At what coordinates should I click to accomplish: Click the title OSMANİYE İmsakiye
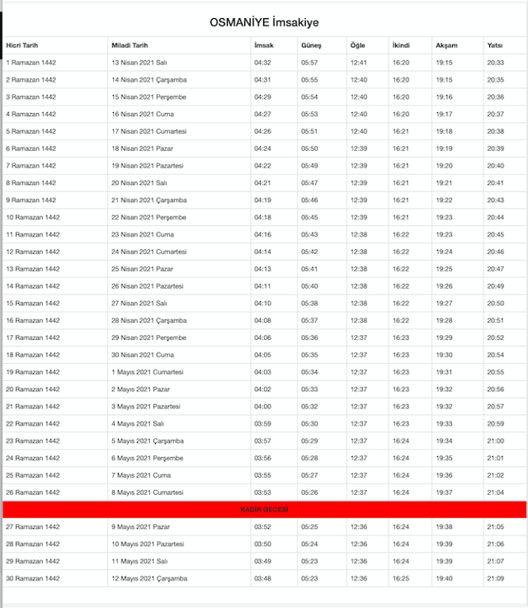click(264, 22)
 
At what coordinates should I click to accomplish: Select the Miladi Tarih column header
click(130, 45)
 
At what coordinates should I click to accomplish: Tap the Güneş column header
click(311, 45)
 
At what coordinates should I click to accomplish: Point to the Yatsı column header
click(495, 45)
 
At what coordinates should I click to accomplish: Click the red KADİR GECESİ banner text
click(264, 510)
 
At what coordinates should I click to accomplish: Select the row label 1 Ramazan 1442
click(31, 63)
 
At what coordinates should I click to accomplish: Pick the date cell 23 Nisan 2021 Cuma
click(143, 234)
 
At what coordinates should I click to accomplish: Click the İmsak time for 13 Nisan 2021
click(262, 63)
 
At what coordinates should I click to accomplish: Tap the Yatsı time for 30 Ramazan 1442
click(495, 578)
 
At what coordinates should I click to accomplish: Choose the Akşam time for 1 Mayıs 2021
click(444, 372)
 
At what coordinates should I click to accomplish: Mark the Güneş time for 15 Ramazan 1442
click(309, 303)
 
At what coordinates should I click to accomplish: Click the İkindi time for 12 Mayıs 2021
click(400, 578)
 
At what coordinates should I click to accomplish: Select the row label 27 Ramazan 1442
click(33, 526)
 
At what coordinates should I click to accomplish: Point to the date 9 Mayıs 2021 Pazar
click(141, 526)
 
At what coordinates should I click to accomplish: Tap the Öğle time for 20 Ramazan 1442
click(358, 389)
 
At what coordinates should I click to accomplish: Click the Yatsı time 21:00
click(495, 441)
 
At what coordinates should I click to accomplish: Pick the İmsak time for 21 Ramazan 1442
click(262, 406)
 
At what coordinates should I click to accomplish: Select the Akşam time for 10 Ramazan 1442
click(444, 217)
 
